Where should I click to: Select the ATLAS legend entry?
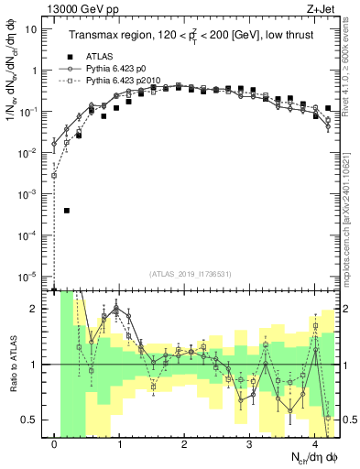101,57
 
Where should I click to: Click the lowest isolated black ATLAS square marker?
67,211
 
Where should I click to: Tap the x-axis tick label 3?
250,446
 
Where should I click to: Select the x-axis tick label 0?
55,446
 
